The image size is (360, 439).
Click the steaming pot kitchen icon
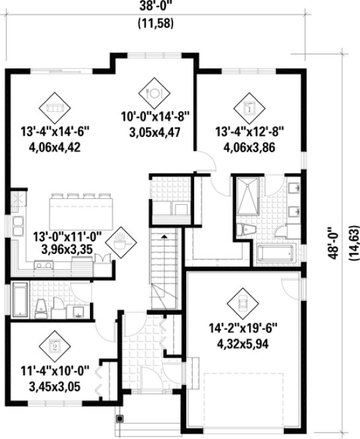(x=121, y=240)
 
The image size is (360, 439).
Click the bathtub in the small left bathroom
(x=19, y=301)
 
